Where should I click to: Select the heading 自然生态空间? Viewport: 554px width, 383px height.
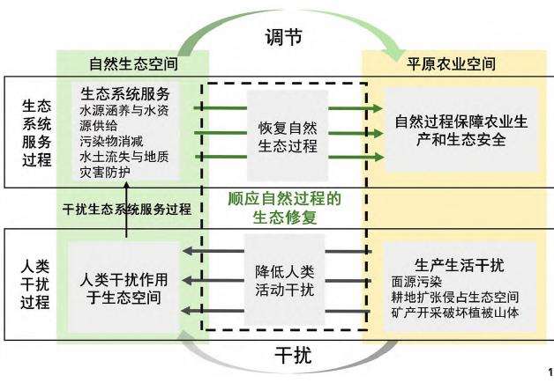(133, 64)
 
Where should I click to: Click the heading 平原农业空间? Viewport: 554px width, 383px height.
(451, 64)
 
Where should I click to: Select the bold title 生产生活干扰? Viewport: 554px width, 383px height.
(453, 267)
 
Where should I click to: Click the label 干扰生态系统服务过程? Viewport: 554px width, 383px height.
(127, 210)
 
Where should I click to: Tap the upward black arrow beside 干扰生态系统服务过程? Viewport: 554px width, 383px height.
(126, 225)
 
